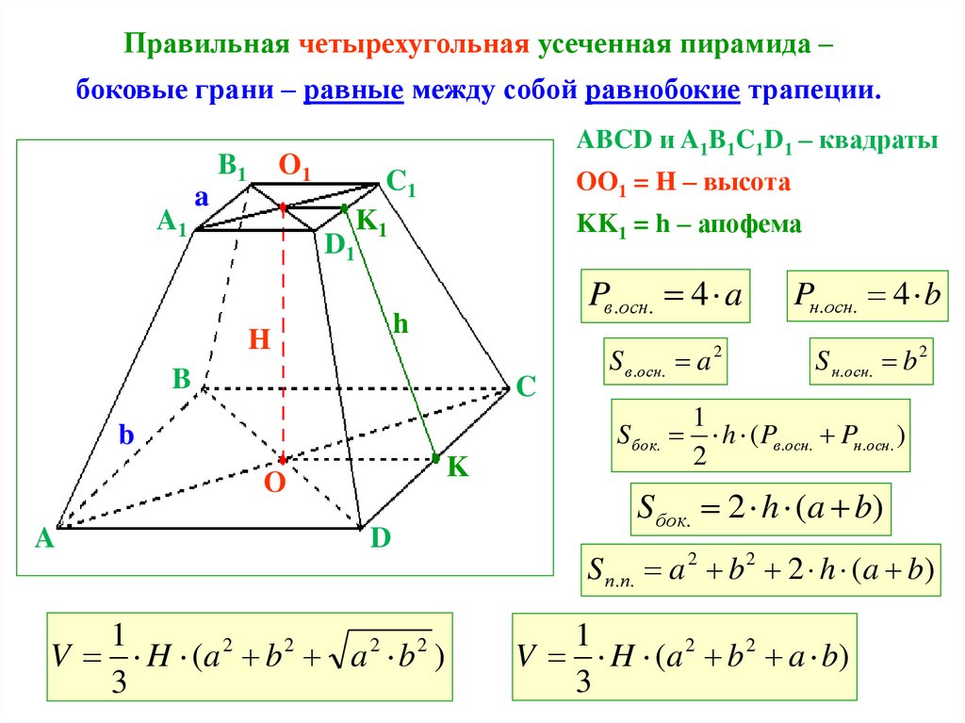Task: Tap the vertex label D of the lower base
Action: point(381,539)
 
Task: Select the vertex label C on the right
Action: point(526,386)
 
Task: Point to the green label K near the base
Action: point(458,468)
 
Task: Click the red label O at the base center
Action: point(275,483)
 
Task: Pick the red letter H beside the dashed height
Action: point(260,339)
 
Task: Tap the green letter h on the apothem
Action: point(401,325)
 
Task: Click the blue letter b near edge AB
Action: point(126,435)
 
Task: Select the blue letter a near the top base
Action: point(201,197)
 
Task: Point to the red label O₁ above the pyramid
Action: point(294,168)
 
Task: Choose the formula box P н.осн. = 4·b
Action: point(867,296)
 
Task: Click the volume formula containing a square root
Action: point(249,658)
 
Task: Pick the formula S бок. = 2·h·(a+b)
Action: point(759,510)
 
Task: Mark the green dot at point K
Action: point(436,458)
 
